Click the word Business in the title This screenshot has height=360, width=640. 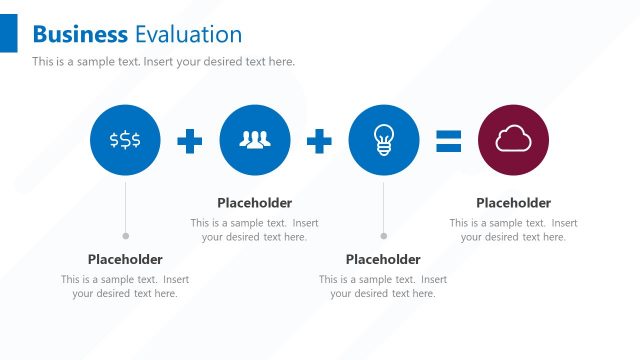click(80, 35)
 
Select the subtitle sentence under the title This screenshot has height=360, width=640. click(163, 62)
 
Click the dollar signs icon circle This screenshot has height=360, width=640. click(125, 141)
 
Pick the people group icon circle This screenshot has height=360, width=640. click(255, 141)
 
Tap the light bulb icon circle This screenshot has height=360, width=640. click(384, 141)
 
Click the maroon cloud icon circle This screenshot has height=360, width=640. click(514, 141)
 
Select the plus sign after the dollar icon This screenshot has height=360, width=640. click(190, 141)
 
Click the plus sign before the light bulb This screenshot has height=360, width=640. click(319, 141)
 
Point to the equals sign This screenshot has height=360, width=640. click(449, 141)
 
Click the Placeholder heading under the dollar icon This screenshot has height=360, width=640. click(125, 259)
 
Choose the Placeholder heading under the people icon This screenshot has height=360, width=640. click(255, 203)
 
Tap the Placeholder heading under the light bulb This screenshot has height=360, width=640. click(383, 259)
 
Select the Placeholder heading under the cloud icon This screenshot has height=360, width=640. click(513, 203)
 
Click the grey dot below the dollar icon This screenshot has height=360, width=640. click(125, 236)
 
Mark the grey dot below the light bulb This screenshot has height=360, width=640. click(384, 236)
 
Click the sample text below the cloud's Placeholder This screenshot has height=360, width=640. click(513, 230)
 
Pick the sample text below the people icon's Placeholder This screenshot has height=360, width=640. click(255, 230)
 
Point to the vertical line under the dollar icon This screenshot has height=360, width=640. click(125, 205)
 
